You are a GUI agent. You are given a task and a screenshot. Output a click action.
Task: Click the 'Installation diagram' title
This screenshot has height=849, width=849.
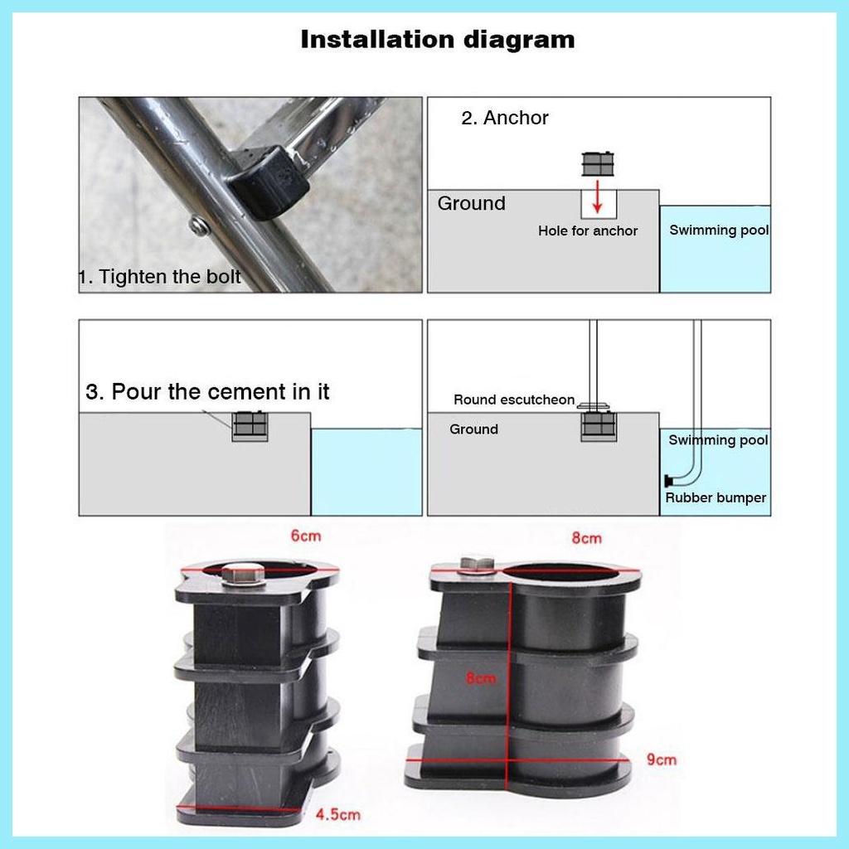[438, 40]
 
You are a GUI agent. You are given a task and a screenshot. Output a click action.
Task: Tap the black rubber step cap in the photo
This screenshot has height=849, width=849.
[268, 182]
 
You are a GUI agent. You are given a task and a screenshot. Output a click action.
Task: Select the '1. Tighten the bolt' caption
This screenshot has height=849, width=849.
[160, 277]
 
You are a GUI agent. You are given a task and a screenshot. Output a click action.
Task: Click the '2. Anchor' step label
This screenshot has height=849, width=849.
[505, 118]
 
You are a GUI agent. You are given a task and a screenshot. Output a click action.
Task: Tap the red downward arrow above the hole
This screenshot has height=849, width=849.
[597, 196]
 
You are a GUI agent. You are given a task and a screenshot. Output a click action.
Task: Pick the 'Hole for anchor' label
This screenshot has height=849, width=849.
[588, 230]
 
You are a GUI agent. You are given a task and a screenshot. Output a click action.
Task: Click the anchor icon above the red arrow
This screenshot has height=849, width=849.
[599, 164]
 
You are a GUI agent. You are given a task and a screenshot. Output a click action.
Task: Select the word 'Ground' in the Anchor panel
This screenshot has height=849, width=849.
[471, 203]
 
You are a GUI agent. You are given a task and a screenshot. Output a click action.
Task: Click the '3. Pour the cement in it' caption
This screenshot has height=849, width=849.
[207, 391]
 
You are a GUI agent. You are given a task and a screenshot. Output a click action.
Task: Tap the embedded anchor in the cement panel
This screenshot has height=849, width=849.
[250, 426]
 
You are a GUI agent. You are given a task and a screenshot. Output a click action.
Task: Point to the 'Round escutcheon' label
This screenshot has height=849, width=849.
[514, 400]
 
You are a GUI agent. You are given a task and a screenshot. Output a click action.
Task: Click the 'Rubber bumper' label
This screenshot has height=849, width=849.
[716, 497]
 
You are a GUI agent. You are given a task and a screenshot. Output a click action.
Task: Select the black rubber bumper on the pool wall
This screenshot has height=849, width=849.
[669, 480]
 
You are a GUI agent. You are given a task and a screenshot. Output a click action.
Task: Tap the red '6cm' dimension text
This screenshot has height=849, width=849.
[306, 536]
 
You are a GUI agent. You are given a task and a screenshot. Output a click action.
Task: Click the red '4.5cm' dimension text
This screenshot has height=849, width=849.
[338, 814]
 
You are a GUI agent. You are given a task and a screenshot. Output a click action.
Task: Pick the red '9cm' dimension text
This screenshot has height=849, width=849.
[662, 759]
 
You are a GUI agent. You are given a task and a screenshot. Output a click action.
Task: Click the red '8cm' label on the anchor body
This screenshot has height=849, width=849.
[481, 678]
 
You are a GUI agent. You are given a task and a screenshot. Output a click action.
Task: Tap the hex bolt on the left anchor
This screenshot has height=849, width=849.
[243, 575]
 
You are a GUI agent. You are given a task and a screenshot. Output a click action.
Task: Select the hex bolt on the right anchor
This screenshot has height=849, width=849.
[477, 565]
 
